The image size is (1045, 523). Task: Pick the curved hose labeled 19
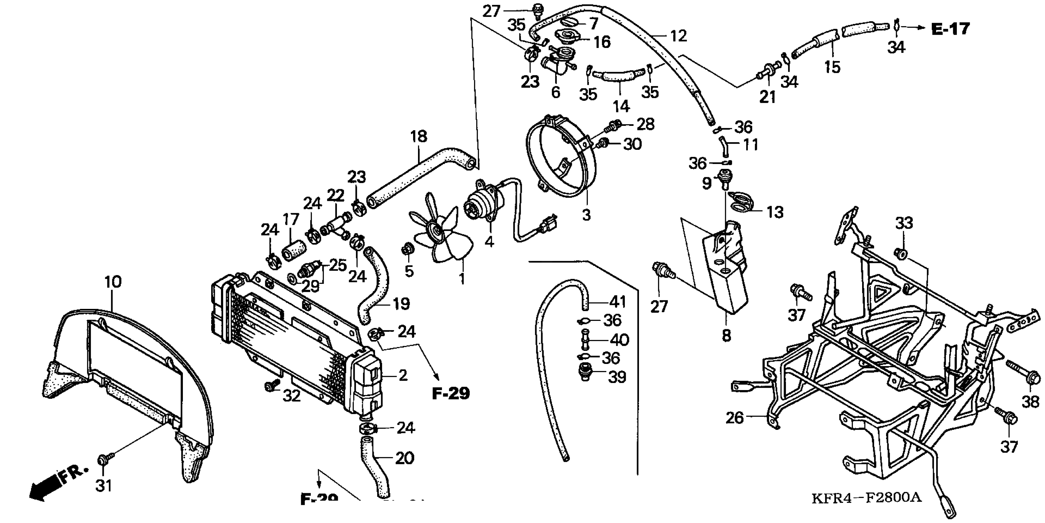[x=375, y=284]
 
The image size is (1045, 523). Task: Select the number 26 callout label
[x=735, y=417]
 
